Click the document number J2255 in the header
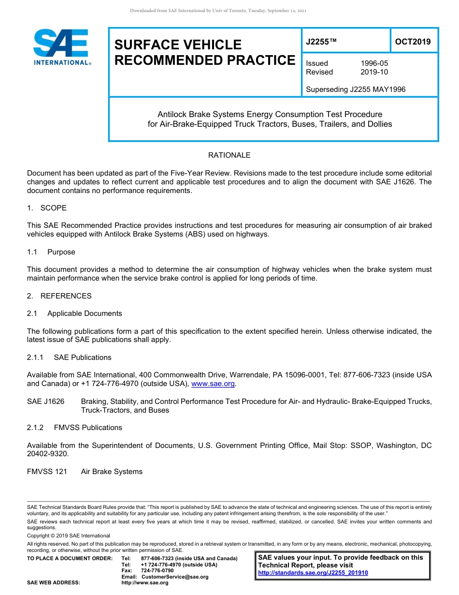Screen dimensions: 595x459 [x=321, y=42]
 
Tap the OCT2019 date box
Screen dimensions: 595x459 [x=413, y=42]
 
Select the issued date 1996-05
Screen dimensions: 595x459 [x=374, y=63]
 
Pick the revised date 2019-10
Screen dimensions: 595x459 [x=374, y=72]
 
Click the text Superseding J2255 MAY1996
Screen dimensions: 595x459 [x=356, y=89]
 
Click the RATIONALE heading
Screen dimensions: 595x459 [x=229, y=155]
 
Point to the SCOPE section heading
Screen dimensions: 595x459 [x=53, y=208]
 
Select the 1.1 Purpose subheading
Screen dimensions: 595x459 [x=61, y=252]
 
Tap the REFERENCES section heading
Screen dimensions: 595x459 [x=66, y=296]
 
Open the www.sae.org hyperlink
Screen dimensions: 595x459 [x=213, y=384]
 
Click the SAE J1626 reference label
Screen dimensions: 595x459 [x=45, y=402]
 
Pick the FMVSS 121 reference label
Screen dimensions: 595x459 [x=47, y=472]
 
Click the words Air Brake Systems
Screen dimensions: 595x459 [x=112, y=472]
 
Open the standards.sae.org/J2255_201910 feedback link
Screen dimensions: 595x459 [x=313, y=573]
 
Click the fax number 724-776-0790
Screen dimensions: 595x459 [x=157, y=570]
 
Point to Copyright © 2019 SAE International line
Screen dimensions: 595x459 [x=69, y=535]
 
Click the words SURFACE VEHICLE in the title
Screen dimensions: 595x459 [x=178, y=45]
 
